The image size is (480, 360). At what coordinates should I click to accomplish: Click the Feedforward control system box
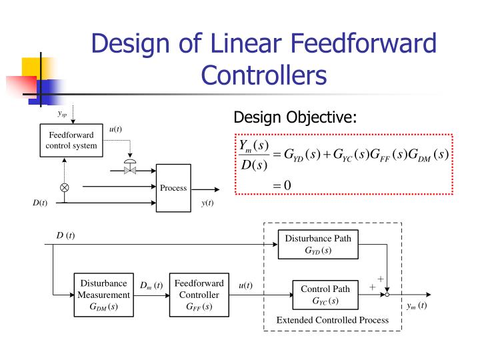click(x=71, y=141)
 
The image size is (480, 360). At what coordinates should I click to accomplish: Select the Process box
click(x=173, y=188)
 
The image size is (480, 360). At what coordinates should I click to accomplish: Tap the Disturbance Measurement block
click(x=103, y=295)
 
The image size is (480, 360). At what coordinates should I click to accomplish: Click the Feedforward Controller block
click(x=199, y=295)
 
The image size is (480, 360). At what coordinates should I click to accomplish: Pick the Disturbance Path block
click(x=318, y=245)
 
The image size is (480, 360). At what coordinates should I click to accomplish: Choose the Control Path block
click(x=325, y=295)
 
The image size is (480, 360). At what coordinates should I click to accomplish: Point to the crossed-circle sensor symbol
click(x=65, y=188)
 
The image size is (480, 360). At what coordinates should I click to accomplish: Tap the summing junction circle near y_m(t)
click(x=387, y=294)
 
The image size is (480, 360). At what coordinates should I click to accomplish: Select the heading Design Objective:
click(x=295, y=118)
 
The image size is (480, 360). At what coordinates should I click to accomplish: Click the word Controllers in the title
click(x=264, y=75)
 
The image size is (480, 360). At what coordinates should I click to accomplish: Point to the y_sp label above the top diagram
click(x=61, y=113)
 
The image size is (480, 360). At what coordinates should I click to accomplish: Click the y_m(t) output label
click(x=417, y=306)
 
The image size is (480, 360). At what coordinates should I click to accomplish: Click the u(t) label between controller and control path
click(x=245, y=286)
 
